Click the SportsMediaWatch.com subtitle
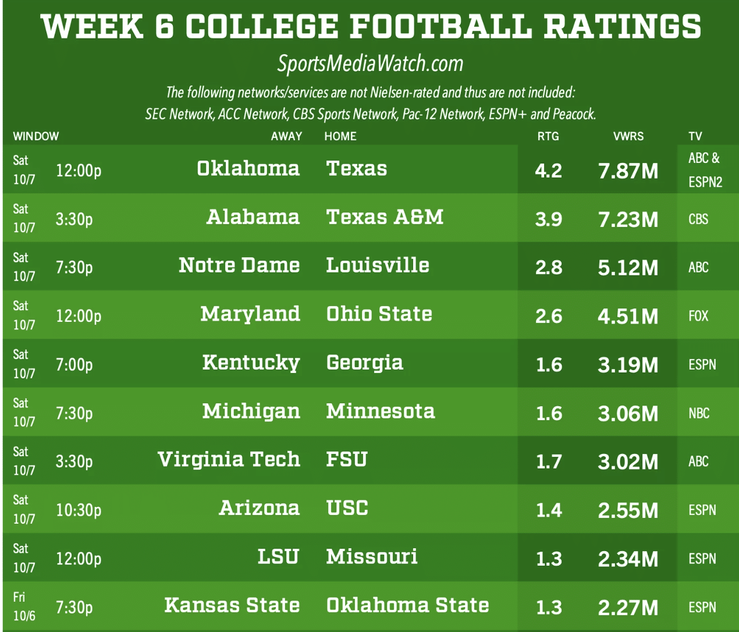(370, 63)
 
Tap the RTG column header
(548, 136)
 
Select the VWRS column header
(628, 136)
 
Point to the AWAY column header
(286, 136)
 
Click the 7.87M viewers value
(628, 171)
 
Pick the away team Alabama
(253, 217)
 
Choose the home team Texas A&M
(385, 217)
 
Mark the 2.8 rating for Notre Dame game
(549, 268)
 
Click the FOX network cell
(698, 316)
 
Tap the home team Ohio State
(379, 314)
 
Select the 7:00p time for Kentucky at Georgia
(74, 365)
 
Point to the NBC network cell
(699, 413)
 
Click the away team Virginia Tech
(229, 460)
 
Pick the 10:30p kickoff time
(79, 510)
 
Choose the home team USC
(347, 508)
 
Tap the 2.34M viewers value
(628, 559)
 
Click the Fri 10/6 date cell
(24, 606)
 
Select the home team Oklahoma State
(407, 605)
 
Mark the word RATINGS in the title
(623, 27)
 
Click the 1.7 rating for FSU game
(549, 462)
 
